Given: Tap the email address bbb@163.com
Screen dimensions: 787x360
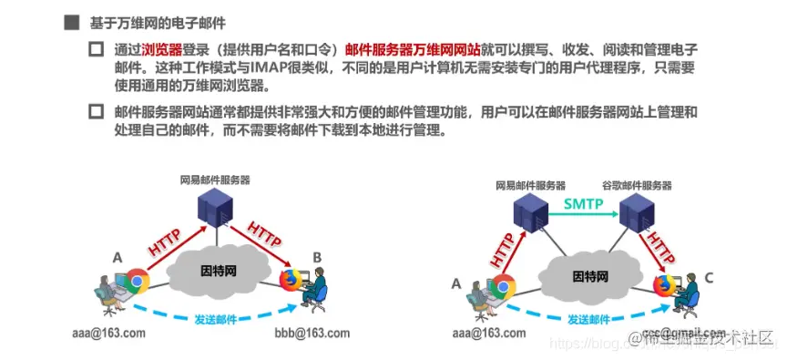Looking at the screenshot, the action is coord(312,333).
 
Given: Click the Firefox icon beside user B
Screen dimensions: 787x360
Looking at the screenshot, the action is coord(290,279).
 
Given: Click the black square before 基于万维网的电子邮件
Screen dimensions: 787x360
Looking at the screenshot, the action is coord(70,21).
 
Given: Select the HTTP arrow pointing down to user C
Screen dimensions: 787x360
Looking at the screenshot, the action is coord(658,249).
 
